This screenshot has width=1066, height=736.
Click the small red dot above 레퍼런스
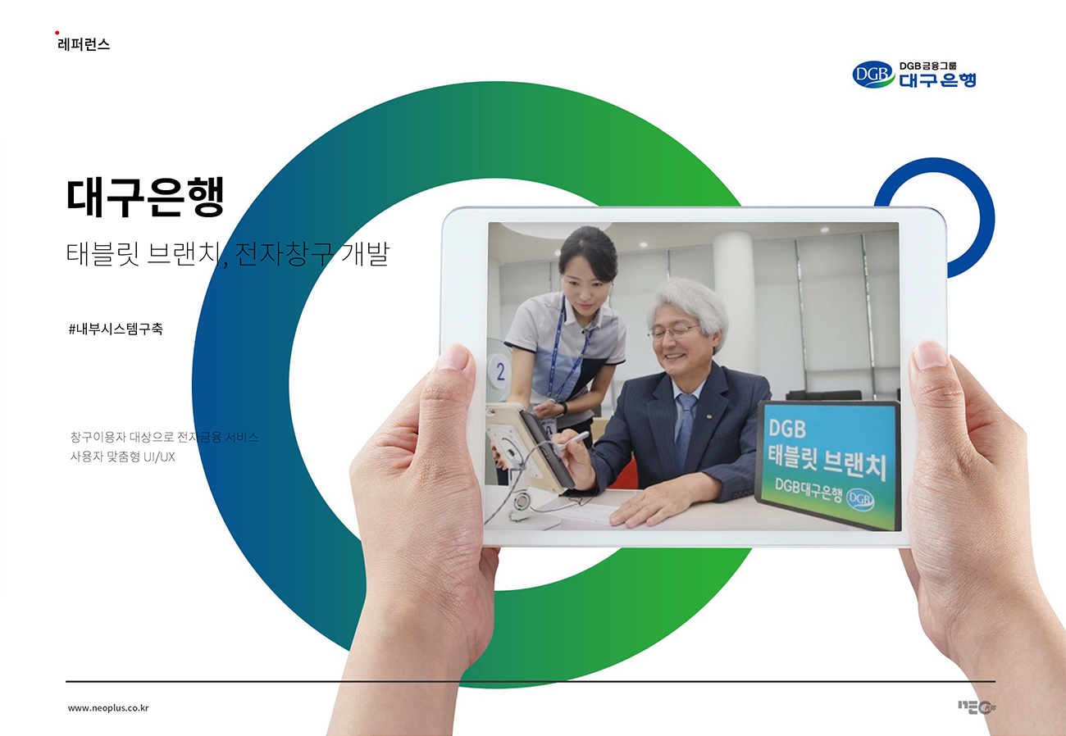pos(57,33)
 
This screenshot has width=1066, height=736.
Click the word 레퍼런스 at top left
pos(84,45)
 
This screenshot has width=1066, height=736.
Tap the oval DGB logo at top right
pos(872,75)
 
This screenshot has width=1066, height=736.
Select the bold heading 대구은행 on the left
pos(145,198)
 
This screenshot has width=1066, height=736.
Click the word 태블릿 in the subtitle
pos(102,253)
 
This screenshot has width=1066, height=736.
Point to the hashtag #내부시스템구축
pos(116,329)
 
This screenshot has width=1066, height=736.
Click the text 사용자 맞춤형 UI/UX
pos(123,457)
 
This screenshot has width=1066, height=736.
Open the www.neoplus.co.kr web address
pos(108,708)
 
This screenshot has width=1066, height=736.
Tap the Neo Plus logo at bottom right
pos(977,707)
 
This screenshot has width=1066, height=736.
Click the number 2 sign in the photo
pos(500,371)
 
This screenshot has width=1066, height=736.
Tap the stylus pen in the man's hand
pos(573,441)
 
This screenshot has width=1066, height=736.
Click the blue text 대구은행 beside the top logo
pos(937,80)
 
